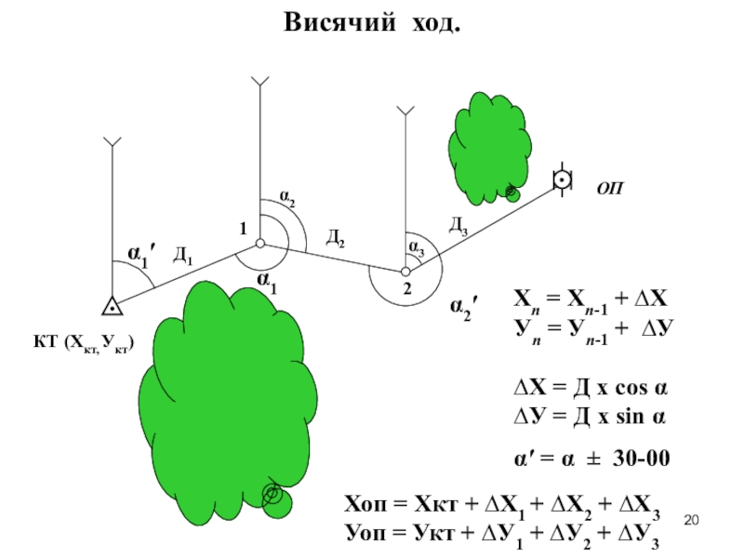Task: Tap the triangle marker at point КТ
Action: (x=111, y=305)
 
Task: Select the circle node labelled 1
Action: (x=260, y=244)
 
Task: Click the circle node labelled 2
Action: (x=405, y=272)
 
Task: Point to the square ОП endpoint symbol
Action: (x=561, y=179)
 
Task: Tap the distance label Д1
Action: (x=183, y=255)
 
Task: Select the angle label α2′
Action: (x=465, y=307)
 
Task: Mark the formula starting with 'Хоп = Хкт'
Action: (x=502, y=508)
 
